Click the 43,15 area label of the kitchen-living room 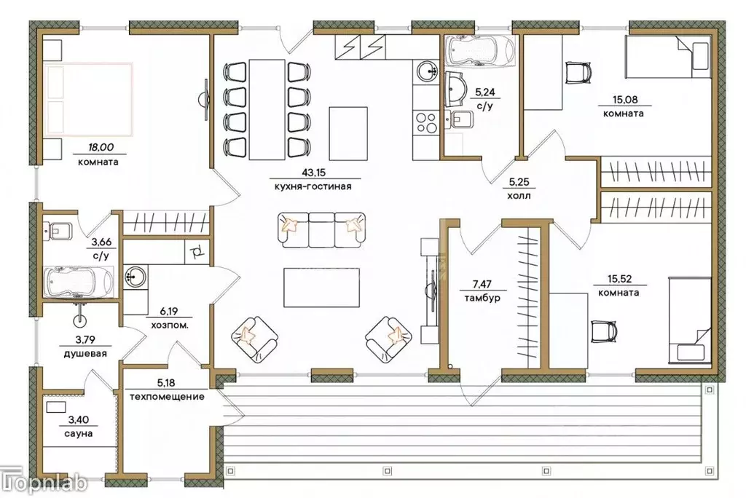(313, 172)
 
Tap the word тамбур (482, 299)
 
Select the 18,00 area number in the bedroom (101, 148)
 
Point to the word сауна (79, 434)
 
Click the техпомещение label (167, 396)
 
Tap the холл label (519, 196)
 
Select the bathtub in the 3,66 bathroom (79, 282)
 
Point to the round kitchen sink (428, 72)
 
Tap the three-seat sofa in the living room (321, 230)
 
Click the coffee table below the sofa (321, 288)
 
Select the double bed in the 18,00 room (88, 99)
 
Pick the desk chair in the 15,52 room (604, 331)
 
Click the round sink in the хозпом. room (136, 277)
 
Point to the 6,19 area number (169, 312)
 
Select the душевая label (85, 353)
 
